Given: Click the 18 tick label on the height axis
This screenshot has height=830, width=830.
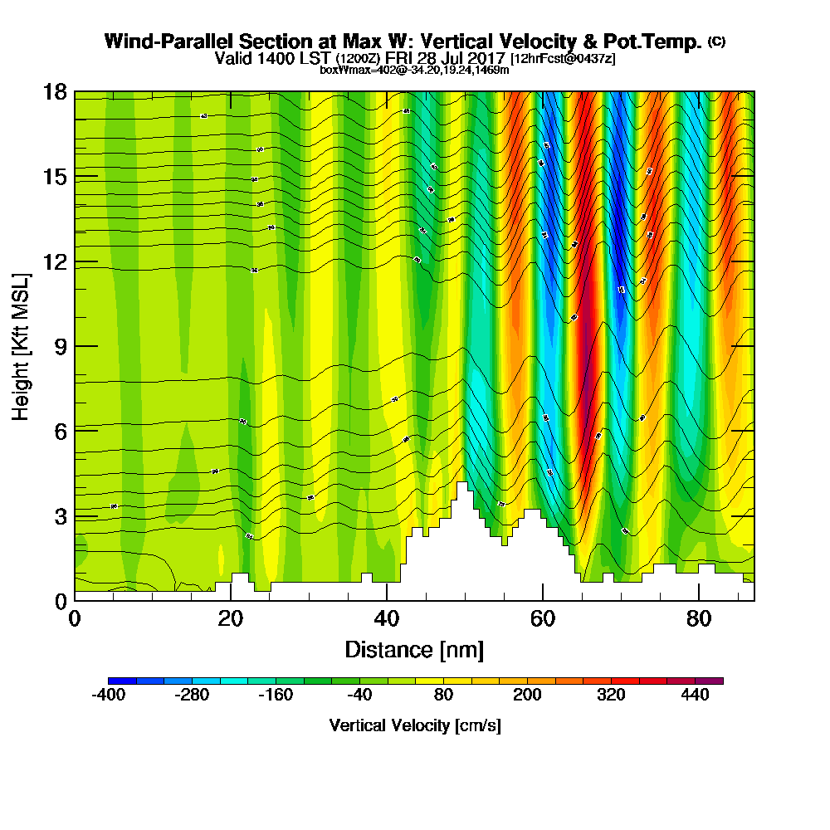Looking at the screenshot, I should pyautogui.click(x=55, y=92).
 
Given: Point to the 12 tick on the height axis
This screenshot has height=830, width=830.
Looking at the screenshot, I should pyautogui.click(x=75, y=261).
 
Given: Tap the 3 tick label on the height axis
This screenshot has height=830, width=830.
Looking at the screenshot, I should pyautogui.click(x=59, y=516).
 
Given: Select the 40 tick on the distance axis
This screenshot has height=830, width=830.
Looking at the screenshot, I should pyautogui.click(x=387, y=600).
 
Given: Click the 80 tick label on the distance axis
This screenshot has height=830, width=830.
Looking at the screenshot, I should pyautogui.click(x=699, y=620).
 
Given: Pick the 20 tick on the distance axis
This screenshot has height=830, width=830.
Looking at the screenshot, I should pyautogui.click(x=231, y=600).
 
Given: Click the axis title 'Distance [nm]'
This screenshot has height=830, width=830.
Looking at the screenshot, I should pyautogui.click(x=414, y=649).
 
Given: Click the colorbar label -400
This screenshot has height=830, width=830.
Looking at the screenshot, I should pyautogui.click(x=108, y=696).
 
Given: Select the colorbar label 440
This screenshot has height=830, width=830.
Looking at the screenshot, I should pyautogui.click(x=695, y=696).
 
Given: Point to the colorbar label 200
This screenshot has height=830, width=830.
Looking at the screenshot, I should pyautogui.click(x=527, y=696).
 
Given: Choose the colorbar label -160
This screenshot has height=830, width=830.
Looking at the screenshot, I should pyautogui.click(x=276, y=696).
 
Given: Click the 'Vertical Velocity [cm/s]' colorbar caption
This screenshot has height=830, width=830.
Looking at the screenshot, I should pyautogui.click(x=415, y=725).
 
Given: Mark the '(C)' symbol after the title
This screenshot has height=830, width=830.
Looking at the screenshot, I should pyautogui.click(x=716, y=41).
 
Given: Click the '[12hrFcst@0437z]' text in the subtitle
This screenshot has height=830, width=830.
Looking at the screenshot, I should pyautogui.click(x=563, y=59).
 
